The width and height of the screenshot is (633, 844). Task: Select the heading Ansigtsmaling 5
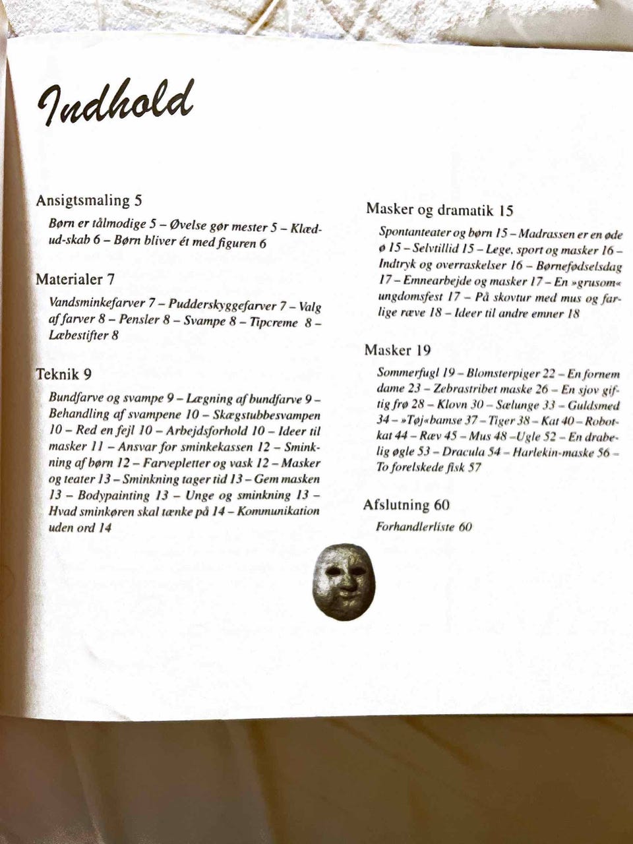[x=89, y=200]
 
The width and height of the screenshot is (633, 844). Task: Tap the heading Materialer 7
[x=75, y=279]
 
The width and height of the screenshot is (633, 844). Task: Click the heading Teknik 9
[x=64, y=375]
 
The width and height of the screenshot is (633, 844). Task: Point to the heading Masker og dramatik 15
[x=439, y=210]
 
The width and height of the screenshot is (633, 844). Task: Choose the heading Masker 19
[x=398, y=349]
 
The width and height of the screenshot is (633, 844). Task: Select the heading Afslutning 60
[x=406, y=505]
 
